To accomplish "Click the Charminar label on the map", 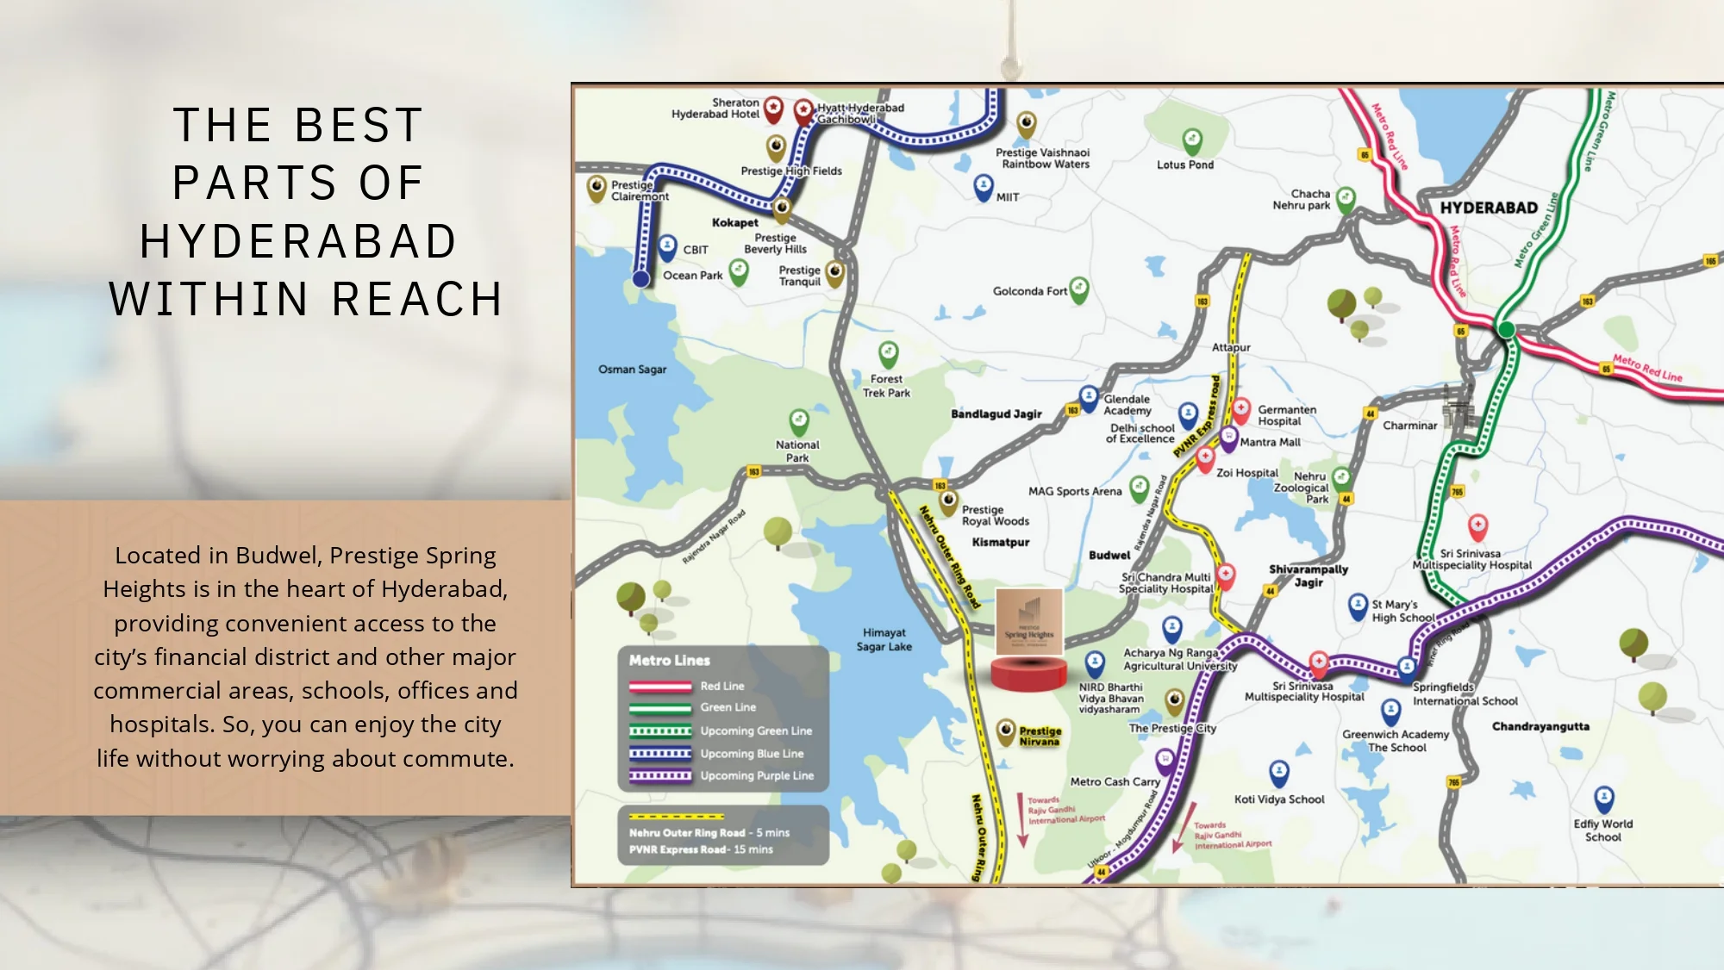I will [x=1409, y=426].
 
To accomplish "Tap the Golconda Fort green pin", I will [x=1078, y=289].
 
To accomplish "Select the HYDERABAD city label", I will [x=1489, y=208].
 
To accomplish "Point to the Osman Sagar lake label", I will [x=633, y=370].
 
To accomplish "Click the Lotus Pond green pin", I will [x=1192, y=140].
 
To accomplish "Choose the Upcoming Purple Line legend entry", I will [x=756, y=776].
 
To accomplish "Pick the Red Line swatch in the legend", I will [x=660, y=687].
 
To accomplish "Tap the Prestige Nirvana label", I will [x=1040, y=737].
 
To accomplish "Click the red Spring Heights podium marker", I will [x=1028, y=673].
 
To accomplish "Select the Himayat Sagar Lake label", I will [x=884, y=640].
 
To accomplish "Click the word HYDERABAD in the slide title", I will [x=298, y=241].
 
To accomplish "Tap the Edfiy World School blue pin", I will [x=1603, y=799].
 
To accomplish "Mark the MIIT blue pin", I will [x=983, y=185].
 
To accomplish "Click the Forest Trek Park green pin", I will [x=888, y=353].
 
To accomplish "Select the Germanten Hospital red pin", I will [x=1240, y=408].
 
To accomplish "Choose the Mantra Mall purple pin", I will [x=1228, y=438].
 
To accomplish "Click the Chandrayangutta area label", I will [x=1540, y=727].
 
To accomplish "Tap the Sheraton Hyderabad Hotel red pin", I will [x=773, y=108].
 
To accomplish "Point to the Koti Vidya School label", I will [x=1279, y=799].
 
